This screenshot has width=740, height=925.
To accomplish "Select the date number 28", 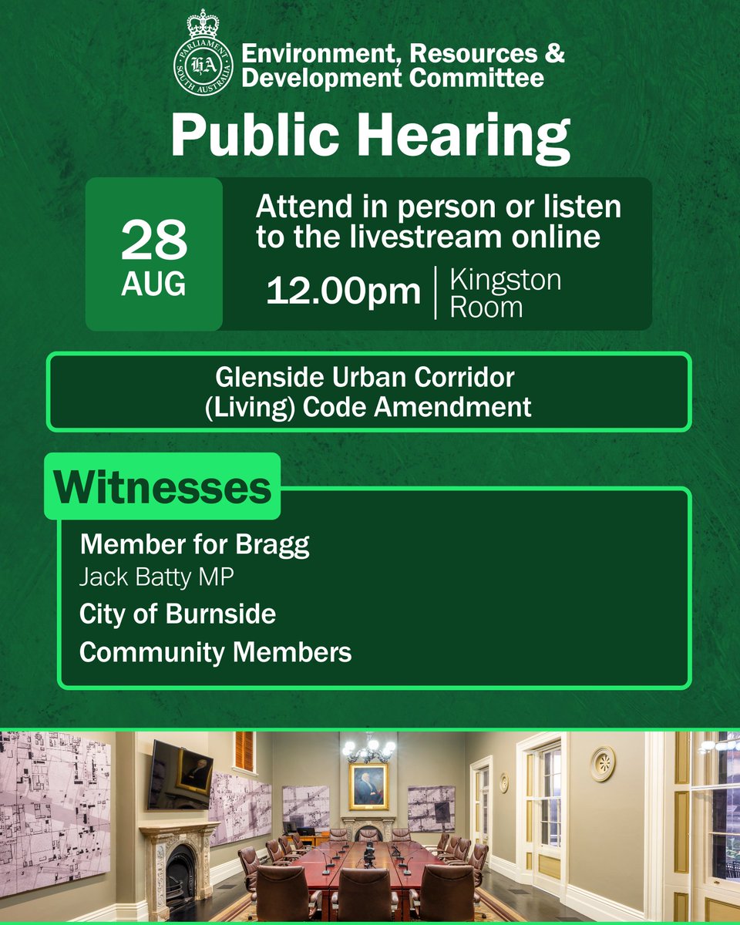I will (x=153, y=241).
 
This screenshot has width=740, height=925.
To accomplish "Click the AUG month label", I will (x=153, y=284).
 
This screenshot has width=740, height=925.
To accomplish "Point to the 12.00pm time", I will (x=344, y=292).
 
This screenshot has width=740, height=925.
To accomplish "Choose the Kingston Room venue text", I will (x=505, y=293).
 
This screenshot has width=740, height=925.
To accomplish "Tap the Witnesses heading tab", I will (x=163, y=488).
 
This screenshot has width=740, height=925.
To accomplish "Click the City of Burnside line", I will (x=177, y=614).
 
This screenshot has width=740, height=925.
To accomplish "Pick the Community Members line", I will (x=215, y=652).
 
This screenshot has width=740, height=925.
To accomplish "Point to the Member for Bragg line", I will (x=194, y=545).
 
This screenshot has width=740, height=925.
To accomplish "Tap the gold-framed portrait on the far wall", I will (x=368, y=786).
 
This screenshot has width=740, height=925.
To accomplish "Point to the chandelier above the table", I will (x=369, y=748).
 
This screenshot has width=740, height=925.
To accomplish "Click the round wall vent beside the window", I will (x=602, y=764).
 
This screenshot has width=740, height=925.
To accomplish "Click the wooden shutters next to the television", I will (x=244, y=752).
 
